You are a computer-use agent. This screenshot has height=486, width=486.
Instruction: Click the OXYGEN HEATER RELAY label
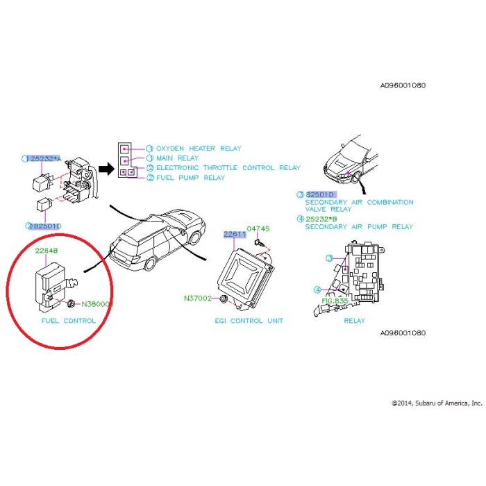point(199,149)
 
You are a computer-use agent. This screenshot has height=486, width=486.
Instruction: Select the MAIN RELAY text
point(177,158)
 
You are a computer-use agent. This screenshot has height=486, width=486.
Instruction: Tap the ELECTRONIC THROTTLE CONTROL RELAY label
point(228,168)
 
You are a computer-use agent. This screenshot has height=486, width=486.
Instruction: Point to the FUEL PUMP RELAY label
point(190,178)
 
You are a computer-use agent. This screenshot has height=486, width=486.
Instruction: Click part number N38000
point(97,304)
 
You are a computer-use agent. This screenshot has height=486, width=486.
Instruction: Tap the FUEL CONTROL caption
point(68,321)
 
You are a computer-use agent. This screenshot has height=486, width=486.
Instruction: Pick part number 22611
point(234,235)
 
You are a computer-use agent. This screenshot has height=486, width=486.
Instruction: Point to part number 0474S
point(258,228)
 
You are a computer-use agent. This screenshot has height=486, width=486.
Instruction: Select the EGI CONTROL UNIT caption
point(249,321)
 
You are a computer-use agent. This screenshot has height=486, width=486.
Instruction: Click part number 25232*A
point(45,158)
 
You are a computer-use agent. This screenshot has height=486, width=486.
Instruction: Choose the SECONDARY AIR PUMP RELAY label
point(359,226)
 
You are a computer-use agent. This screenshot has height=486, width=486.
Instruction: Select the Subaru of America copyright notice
point(436,403)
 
